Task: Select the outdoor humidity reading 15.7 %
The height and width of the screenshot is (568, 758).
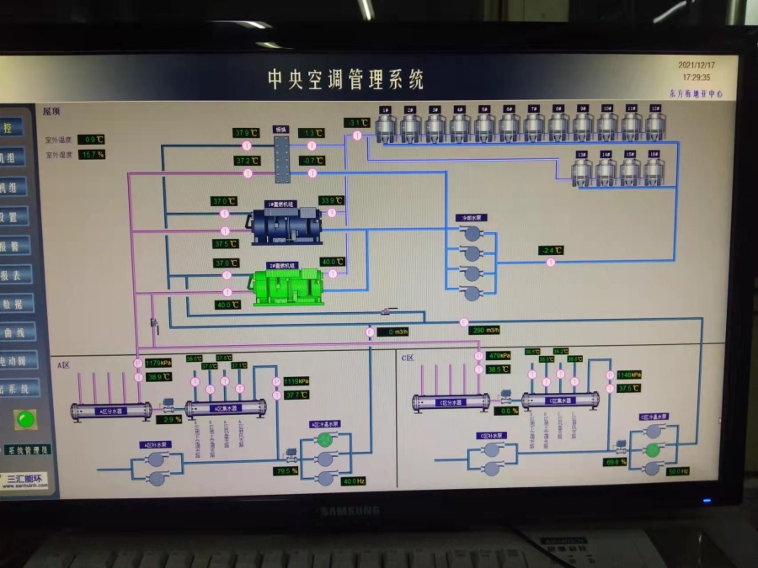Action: (x=92, y=155)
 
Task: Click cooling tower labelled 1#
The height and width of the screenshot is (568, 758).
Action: (x=385, y=126)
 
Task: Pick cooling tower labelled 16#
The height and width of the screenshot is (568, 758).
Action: (x=654, y=171)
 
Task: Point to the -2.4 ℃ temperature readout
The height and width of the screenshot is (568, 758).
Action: (x=551, y=251)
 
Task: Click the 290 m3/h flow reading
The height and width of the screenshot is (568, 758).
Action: (x=484, y=331)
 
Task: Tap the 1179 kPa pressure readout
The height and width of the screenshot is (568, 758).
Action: (x=158, y=364)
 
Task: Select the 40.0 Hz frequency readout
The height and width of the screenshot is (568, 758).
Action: (x=353, y=481)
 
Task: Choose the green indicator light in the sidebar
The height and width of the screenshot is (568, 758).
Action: (x=26, y=418)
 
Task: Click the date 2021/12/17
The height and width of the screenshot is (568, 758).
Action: (x=697, y=65)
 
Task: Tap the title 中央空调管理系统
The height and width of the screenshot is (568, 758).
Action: (x=346, y=80)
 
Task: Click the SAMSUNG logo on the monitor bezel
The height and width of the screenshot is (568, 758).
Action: (x=350, y=511)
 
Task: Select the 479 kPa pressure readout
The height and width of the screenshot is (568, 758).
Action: (x=499, y=356)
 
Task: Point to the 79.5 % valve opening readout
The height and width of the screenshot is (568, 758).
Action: (x=287, y=471)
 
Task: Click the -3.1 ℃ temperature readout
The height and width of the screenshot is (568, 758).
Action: (x=357, y=123)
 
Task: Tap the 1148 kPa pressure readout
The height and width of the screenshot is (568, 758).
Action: (x=629, y=375)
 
